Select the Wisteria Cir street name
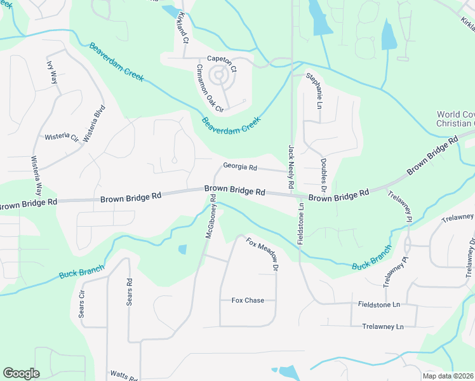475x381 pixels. tap(61, 137)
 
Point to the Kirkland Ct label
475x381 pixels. tap(184, 27)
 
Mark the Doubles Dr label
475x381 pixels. tap(323, 176)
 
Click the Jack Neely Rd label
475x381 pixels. tap(291, 166)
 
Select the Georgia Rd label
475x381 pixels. tap(239, 167)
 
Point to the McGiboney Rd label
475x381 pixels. tap(212, 221)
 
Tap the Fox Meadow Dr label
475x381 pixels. tap(262, 254)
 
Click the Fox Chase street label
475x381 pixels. tap(248, 300)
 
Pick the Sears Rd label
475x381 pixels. tap(129, 292)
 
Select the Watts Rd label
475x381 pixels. tap(123, 375)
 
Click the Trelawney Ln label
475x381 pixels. tap(383, 326)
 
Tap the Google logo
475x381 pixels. tap(21, 373)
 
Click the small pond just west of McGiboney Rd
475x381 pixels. tap(183, 250)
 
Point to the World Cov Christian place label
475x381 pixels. tap(455, 119)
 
